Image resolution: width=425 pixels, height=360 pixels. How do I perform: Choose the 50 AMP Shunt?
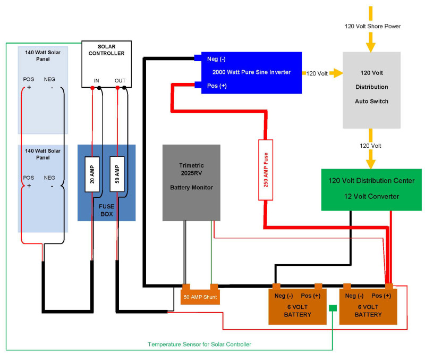point(199,296)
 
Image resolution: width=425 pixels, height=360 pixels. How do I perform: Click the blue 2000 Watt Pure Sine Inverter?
point(251,72)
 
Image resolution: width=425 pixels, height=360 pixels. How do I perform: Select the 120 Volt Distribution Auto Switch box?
point(371,89)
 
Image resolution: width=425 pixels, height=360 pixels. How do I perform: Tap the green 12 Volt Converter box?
point(371,189)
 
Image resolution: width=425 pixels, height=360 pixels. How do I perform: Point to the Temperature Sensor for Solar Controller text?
point(199,344)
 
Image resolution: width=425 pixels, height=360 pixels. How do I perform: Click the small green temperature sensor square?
point(333,308)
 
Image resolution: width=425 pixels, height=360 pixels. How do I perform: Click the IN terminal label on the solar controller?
point(96,81)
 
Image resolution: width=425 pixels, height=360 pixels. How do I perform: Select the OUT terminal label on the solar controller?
point(120,81)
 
